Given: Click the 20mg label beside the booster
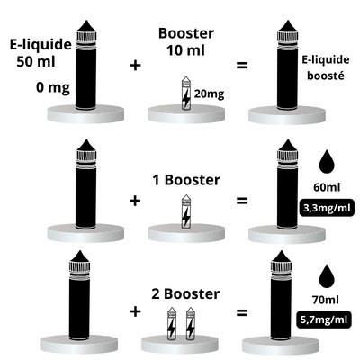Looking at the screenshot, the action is pos(209,94).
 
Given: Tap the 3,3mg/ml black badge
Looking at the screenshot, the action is pos(327,208).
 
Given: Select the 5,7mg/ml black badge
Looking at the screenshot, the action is pos(324,319).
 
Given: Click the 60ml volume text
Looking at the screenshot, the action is pos(327,187).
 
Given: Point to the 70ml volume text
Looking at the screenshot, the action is pos(326,300).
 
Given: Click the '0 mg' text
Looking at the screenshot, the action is pos(53,87).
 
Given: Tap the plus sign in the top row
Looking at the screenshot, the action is pos(136,66).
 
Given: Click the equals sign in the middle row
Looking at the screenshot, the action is pos(242,201).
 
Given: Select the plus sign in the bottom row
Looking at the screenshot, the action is pos(136,311).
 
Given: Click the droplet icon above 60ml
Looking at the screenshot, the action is pos(327,162).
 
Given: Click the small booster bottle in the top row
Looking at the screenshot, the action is pos(186,93).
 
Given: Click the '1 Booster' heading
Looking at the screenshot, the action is pos(186,180).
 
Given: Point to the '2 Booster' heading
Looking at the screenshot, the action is pos(185,294).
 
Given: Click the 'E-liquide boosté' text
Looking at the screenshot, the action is pos(326,67).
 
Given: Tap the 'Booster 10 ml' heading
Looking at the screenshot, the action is pos(186,41).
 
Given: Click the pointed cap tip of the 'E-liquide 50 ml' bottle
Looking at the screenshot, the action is pos(85,21).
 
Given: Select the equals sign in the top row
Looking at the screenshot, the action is pos(242,66).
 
